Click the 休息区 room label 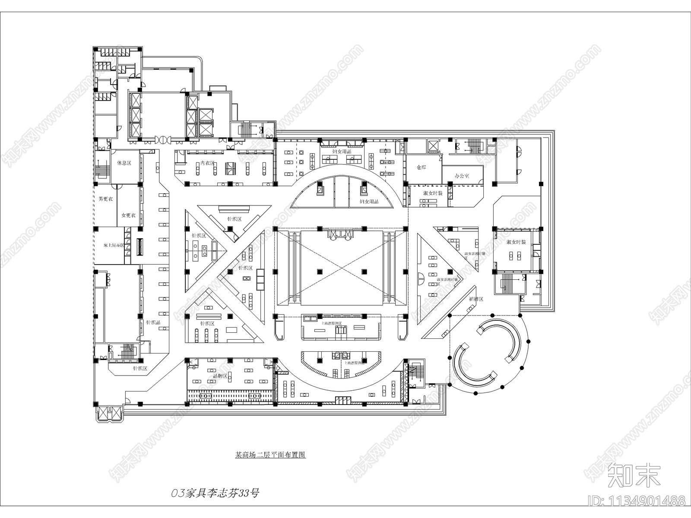(x=124, y=163)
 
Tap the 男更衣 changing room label (x=105, y=199)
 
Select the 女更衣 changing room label (x=128, y=215)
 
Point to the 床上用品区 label (x=110, y=245)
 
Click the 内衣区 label (x=207, y=164)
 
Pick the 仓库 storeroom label (x=422, y=167)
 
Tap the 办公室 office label (x=462, y=176)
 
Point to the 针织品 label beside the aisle (x=153, y=322)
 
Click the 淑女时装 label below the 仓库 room (x=433, y=193)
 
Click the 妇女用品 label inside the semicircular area (x=369, y=202)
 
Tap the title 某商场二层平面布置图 (x=270, y=455)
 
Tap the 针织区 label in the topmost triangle (x=235, y=219)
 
